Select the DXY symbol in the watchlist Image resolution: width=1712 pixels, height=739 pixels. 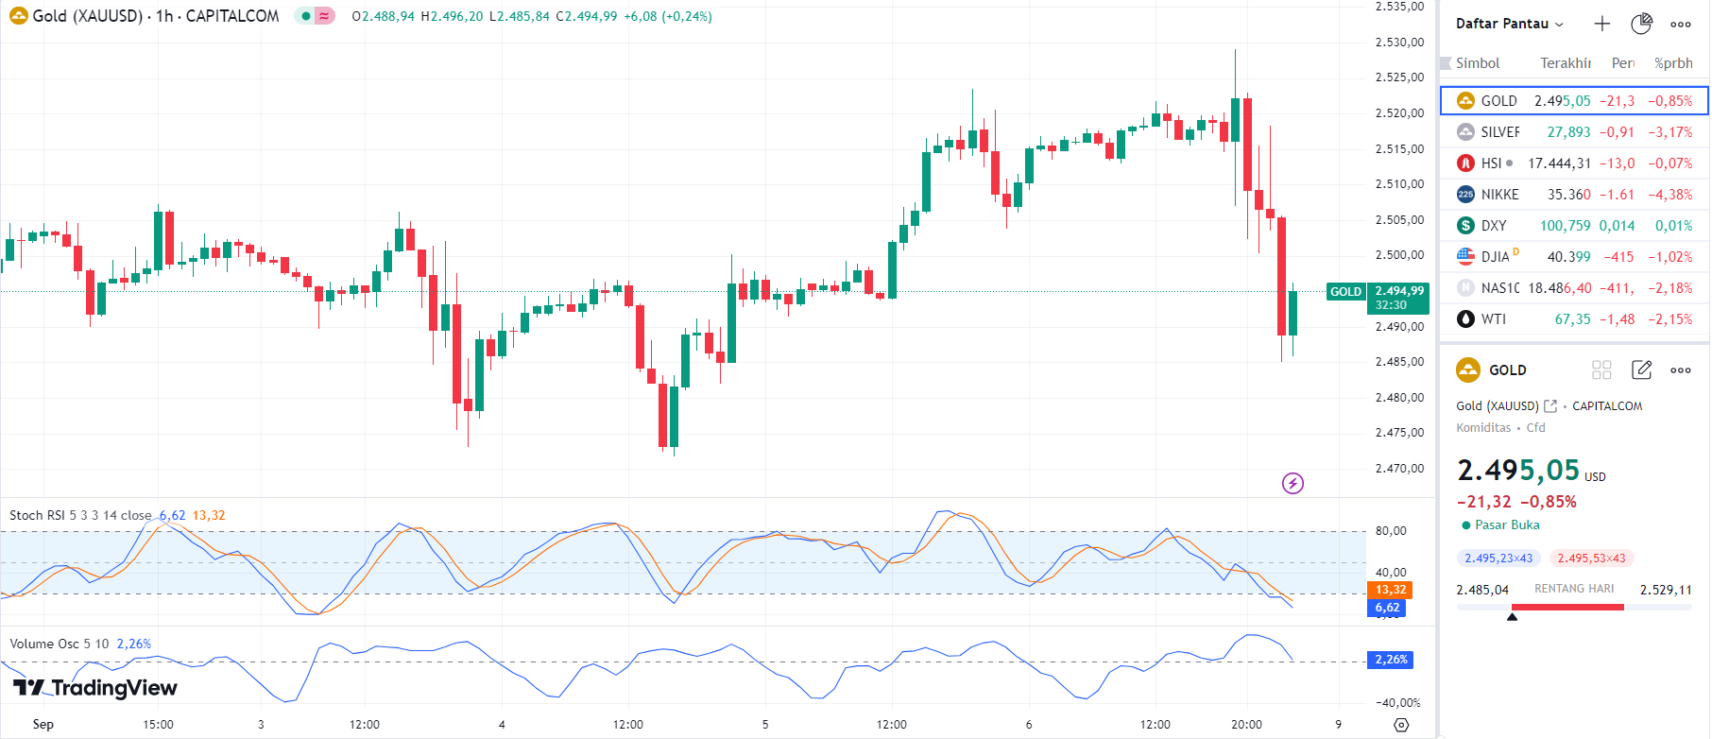click(x=1493, y=226)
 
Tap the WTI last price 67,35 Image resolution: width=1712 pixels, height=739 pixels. click(x=1572, y=319)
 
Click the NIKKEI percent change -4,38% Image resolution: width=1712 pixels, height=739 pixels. click(x=1669, y=195)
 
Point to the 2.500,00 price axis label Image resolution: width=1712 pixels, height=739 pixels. click(x=1399, y=255)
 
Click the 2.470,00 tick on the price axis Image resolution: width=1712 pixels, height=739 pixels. click(x=1399, y=469)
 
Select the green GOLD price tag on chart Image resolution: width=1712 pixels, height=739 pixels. click(x=1345, y=292)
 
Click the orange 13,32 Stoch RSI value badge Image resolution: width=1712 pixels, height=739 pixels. click(x=1390, y=590)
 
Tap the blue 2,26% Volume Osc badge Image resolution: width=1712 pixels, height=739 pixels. click(x=1390, y=660)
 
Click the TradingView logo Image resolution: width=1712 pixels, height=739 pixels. click(x=95, y=688)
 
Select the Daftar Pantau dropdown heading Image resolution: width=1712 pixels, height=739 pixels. click(x=1509, y=24)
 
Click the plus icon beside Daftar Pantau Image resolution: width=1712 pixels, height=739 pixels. click(x=1601, y=24)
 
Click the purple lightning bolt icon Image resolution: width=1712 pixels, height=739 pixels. click(x=1293, y=484)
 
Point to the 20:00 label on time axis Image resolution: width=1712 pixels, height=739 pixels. click(x=1246, y=725)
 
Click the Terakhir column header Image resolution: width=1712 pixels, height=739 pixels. click(x=1565, y=63)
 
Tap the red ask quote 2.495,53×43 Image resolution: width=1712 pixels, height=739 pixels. click(x=1591, y=559)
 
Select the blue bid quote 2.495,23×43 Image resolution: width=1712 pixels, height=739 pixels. click(x=1498, y=559)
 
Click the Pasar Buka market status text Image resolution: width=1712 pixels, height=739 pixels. click(x=1506, y=525)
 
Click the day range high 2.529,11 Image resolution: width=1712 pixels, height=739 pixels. click(x=1666, y=590)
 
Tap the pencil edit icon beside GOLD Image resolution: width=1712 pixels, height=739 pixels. click(x=1641, y=370)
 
